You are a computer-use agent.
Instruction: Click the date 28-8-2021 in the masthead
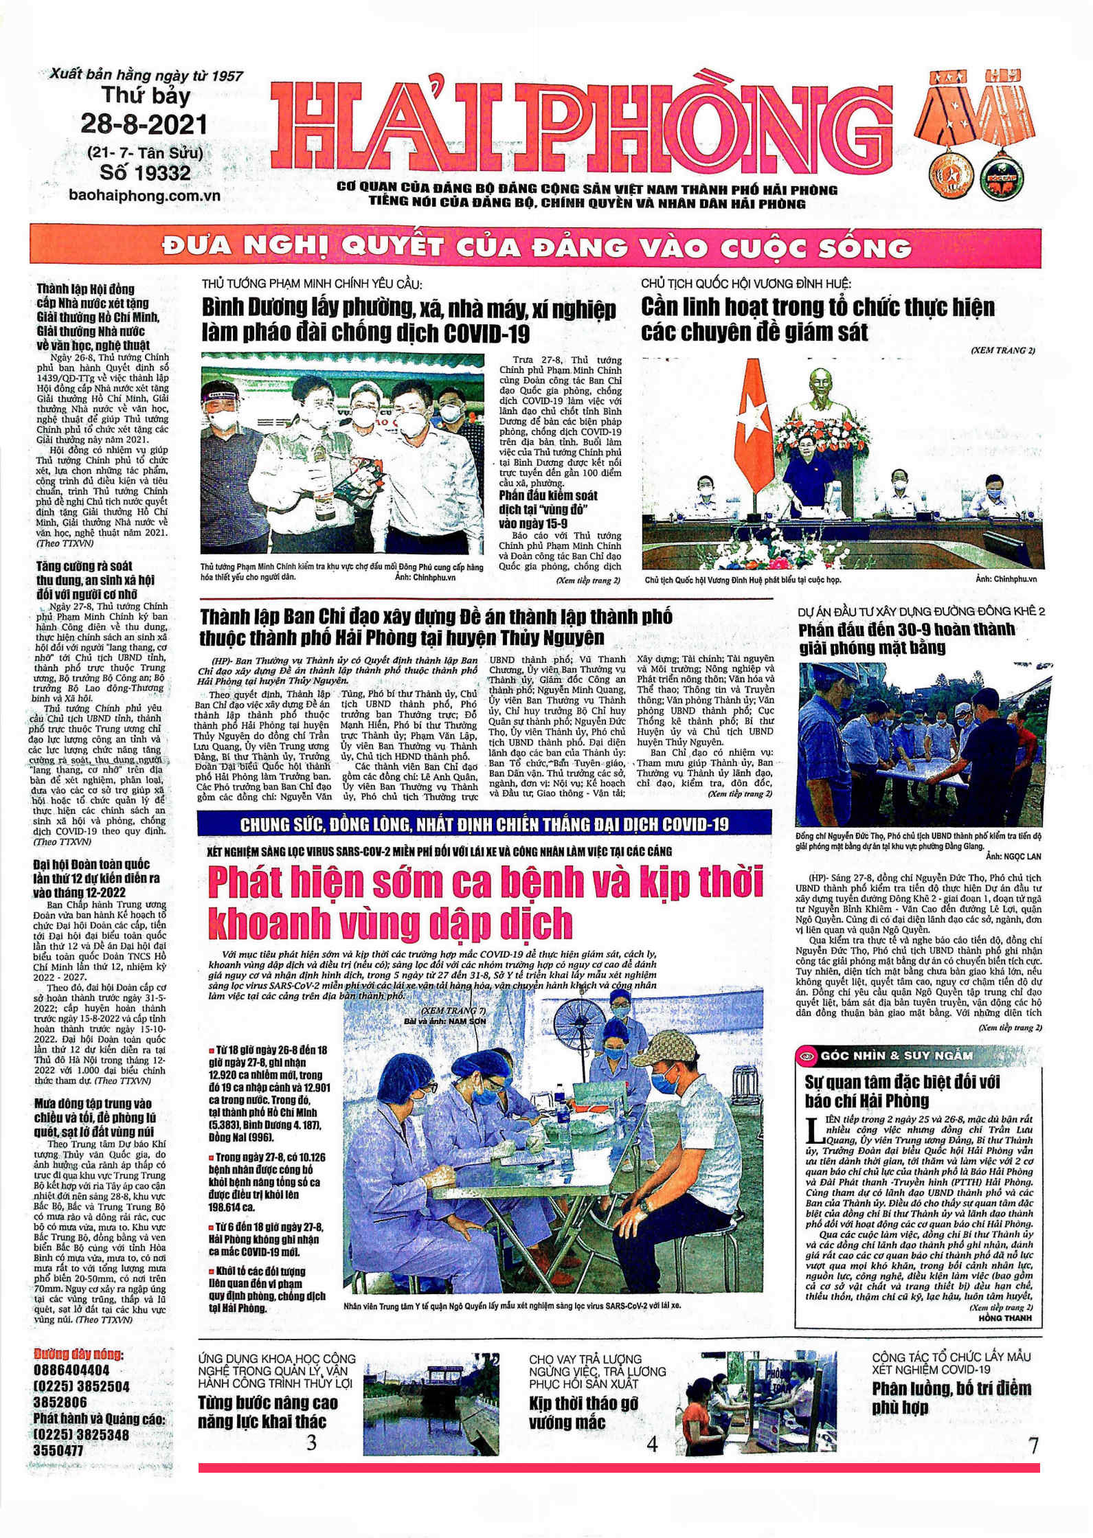[x=144, y=124]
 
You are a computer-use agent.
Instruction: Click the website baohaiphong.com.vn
[x=144, y=195]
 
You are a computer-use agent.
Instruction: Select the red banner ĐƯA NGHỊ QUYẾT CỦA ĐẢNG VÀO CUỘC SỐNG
[x=536, y=247]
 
